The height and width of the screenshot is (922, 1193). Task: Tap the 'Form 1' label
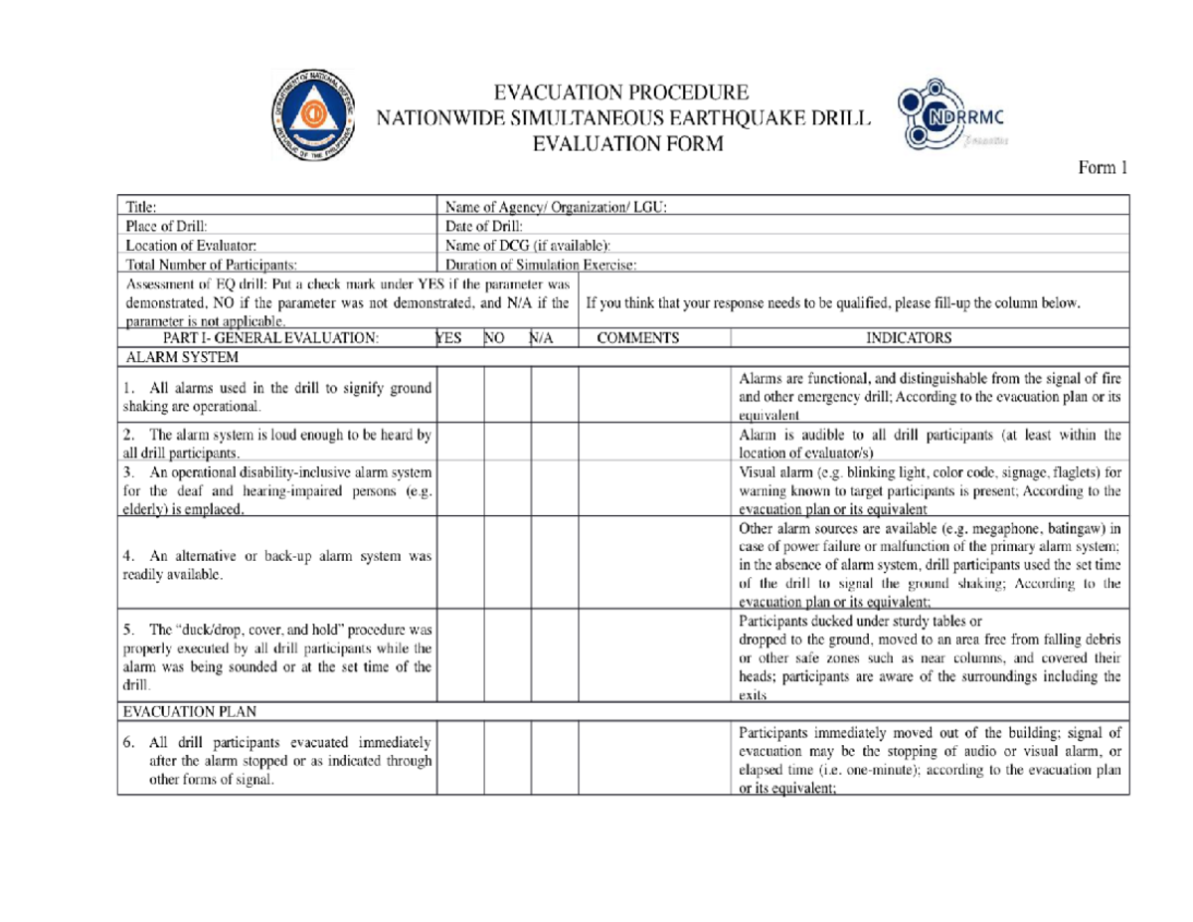(x=1104, y=168)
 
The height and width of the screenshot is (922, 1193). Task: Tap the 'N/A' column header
(x=542, y=337)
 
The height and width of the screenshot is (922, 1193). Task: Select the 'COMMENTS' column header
(x=637, y=337)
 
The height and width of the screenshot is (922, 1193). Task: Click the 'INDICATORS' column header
(x=910, y=337)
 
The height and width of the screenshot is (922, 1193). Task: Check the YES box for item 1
(x=460, y=396)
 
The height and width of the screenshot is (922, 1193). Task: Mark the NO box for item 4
(x=507, y=563)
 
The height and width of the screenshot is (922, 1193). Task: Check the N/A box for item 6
(x=555, y=758)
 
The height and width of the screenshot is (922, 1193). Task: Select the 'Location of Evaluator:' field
(x=192, y=245)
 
